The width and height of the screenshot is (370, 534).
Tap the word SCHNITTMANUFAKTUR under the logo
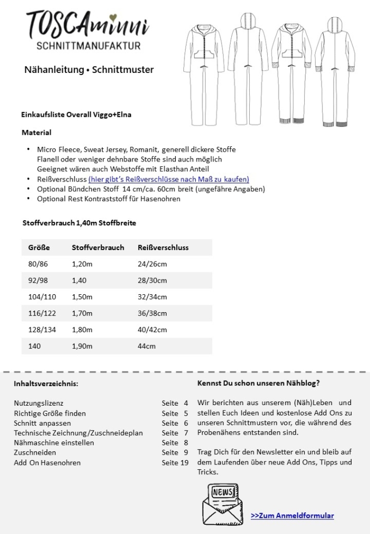88,46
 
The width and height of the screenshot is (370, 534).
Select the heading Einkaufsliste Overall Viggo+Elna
76,115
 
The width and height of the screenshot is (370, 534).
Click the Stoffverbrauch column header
98,247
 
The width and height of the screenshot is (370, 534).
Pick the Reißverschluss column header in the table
163,247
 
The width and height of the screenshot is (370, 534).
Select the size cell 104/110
42,297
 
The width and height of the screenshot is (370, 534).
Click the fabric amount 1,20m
82,264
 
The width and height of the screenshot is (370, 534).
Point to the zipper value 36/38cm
152,313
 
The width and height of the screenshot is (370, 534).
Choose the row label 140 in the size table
34,346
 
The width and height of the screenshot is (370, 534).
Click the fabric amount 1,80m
82,330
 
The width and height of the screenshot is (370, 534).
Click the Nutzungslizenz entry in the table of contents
39,403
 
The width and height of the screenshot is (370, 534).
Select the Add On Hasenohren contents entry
47,462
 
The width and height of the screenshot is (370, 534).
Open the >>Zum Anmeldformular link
292,516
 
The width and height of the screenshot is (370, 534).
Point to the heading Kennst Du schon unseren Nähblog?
258,383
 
